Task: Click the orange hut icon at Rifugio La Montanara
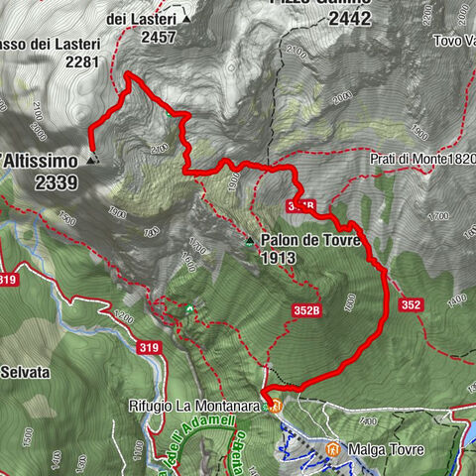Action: click(276, 406)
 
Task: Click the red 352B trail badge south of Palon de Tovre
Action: click(307, 310)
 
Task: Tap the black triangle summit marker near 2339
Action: click(91, 159)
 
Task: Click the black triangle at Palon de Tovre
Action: click(250, 241)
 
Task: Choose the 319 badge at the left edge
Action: click(9, 280)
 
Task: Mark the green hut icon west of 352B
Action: click(188, 309)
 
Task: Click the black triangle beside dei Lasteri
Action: click(185, 19)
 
